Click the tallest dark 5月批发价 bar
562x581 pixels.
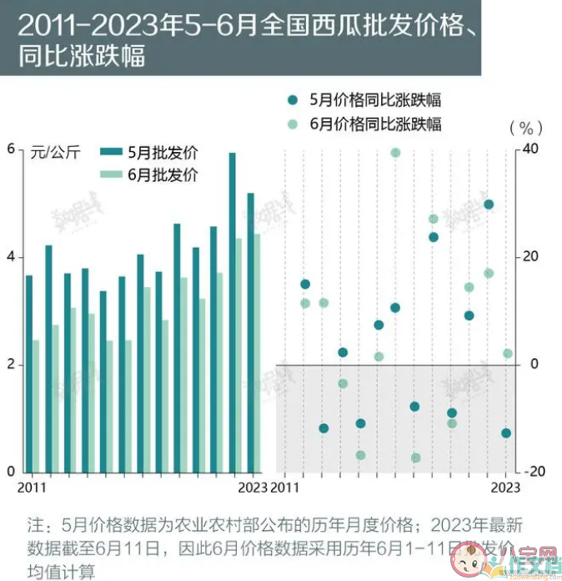tap(233, 312)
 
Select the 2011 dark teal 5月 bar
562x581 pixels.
tap(29, 373)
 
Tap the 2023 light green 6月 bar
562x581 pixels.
tap(258, 352)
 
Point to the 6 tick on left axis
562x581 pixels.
tap(11, 149)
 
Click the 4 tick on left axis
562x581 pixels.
tap(11, 257)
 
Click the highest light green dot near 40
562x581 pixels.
tap(396, 152)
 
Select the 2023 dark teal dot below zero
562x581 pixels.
tap(506, 433)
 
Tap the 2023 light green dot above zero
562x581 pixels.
tap(507, 353)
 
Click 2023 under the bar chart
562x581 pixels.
tap(252, 487)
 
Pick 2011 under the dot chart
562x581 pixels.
tap(285, 487)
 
